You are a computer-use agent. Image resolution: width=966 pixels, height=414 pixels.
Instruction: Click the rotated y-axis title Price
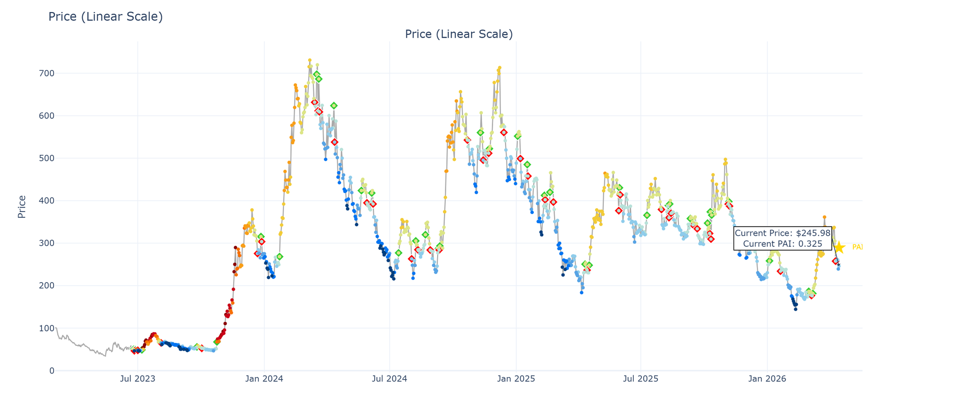tap(22, 207)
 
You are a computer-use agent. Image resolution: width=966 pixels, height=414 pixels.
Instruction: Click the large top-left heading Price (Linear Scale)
tap(105, 17)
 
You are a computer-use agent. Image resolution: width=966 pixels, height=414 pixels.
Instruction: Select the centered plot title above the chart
tap(458, 34)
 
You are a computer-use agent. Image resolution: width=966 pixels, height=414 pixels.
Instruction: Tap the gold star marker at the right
tap(839, 247)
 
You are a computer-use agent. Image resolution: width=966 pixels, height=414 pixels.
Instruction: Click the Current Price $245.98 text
tap(782, 233)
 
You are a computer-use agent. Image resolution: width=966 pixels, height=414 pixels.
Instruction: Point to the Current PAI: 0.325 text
tap(782, 243)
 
